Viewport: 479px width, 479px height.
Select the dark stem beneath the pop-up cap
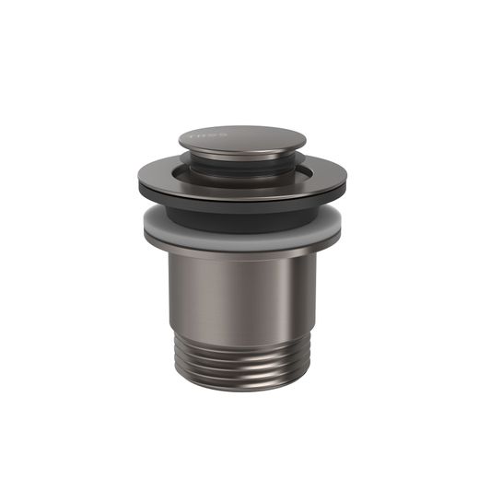[241, 165]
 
